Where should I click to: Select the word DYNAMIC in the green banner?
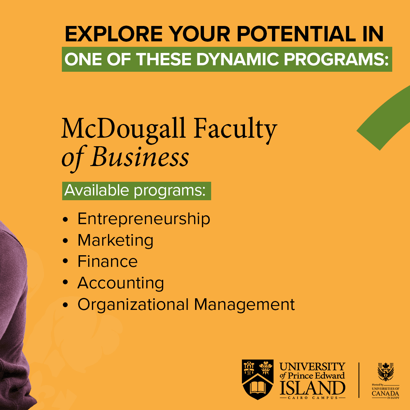click(237, 59)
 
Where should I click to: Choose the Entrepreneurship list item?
click(143, 219)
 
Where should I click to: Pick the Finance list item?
click(107, 261)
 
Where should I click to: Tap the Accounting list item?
click(121, 283)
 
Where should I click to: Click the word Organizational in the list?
click(133, 304)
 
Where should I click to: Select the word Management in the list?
click(245, 304)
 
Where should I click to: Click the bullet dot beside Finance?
click(65, 261)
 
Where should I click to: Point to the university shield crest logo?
click(258, 379)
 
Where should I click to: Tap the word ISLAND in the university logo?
click(312, 388)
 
